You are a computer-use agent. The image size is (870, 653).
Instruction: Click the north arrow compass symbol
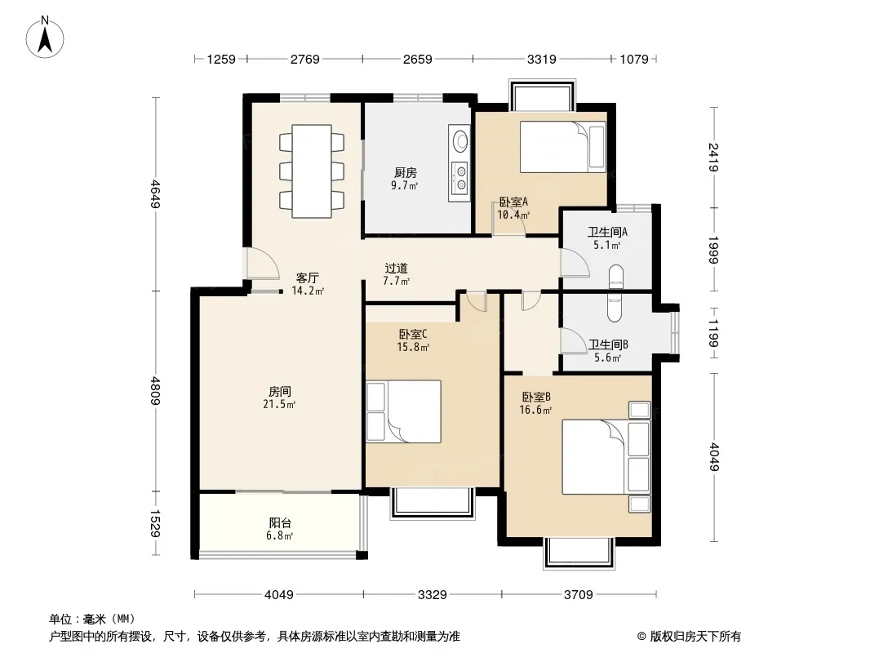(x=45, y=38)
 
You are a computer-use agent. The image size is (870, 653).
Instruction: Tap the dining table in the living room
(x=312, y=171)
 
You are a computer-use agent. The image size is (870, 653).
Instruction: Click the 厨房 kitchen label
(x=405, y=173)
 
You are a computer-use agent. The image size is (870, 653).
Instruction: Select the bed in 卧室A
(x=562, y=147)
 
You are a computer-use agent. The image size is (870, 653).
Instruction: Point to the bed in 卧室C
(x=403, y=411)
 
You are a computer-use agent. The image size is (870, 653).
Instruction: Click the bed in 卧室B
(x=606, y=456)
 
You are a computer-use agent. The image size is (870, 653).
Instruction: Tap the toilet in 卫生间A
(x=616, y=278)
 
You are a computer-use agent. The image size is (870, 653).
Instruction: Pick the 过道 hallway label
(x=396, y=269)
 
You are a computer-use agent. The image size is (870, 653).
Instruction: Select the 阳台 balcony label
(x=280, y=522)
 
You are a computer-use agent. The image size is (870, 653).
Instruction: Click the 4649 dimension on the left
(x=156, y=193)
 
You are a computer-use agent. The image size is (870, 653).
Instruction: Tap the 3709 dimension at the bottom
(x=578, y=595)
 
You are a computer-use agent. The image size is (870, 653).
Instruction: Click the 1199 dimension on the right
(x=713, y=333)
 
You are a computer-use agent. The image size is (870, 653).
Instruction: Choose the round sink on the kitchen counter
(x=460, y=140)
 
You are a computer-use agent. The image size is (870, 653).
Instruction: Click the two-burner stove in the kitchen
(x=460, y=178)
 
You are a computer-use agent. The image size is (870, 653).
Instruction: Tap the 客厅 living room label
(x=308, y=278)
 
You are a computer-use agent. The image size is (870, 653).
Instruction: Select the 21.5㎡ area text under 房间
(x=279, y=404)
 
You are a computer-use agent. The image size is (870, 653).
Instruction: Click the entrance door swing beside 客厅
(x=263, y=263)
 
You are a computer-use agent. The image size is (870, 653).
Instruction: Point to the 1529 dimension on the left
(x=156, y=524)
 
